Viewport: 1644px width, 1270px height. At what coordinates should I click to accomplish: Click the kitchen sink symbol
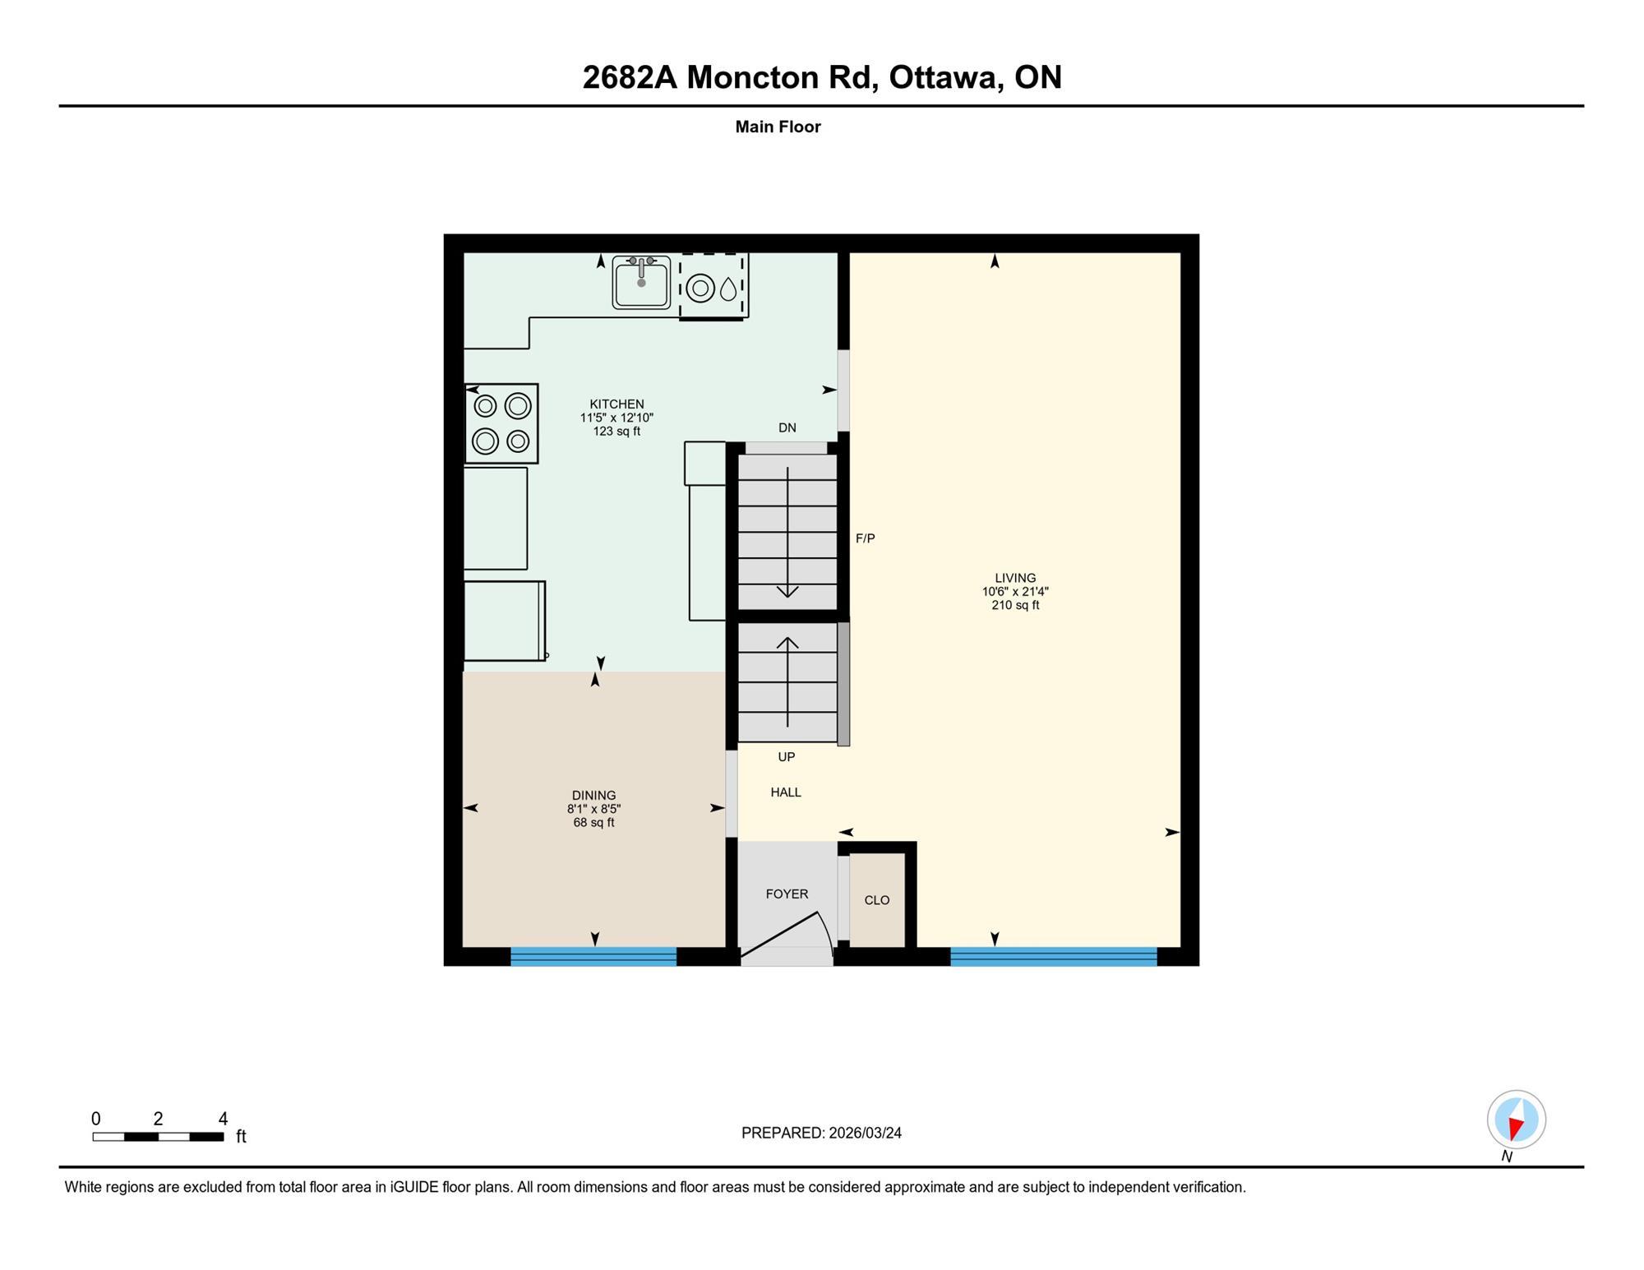point(641,282)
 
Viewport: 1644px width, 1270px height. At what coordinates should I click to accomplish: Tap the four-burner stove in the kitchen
point(501,423)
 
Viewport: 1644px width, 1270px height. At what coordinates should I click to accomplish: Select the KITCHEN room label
point(616,404)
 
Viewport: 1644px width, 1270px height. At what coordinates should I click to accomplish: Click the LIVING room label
point(1015,578)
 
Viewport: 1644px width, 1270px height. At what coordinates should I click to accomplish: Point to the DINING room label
point(593,795)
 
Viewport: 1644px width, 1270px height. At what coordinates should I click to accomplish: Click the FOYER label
point(787,894)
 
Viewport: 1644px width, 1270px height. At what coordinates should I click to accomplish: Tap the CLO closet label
point(877,900)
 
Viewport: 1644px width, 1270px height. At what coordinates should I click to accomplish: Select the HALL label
point(786,792)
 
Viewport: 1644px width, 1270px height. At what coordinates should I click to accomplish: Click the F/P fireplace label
point(866,538)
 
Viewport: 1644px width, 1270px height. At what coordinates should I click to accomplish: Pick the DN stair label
point(787,427)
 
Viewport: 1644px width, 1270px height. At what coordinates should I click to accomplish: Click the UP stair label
point(787,757)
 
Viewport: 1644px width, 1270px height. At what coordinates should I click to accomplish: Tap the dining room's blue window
point(593,956)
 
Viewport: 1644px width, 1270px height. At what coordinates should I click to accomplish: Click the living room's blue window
point(1054,956)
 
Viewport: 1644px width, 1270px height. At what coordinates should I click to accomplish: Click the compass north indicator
point(1517,1120)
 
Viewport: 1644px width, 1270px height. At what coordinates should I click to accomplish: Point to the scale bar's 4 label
point(223,1119)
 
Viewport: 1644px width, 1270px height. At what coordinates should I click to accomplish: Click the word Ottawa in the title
point(944,77)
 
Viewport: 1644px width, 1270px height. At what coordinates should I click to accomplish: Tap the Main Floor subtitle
point(778,127)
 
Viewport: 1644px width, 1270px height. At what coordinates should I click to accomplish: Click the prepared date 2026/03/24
point(865,1133)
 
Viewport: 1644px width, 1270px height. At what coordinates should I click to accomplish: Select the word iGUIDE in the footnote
point(415,1187)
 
